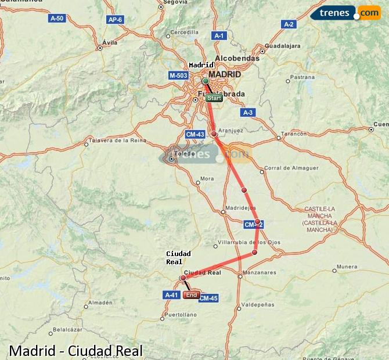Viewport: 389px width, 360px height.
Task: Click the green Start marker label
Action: (x=214, y=98)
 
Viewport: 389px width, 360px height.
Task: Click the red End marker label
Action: (x=192, y=295)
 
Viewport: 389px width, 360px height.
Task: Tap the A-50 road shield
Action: (x=57, y=19)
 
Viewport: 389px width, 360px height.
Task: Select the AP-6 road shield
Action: (x=115, y=20)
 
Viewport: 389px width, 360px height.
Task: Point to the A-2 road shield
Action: (x=289, y=24)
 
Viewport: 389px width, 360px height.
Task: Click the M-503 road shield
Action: (x=178, y=75)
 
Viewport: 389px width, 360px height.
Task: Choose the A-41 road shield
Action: (x=171, y=295)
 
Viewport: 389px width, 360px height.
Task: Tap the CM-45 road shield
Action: (x=208, y=298)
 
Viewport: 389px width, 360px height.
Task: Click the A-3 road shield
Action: (x=248, y=113)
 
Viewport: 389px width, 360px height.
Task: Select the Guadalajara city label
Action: (x=282, y=45)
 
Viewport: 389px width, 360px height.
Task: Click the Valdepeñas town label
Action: (x=257, y=304)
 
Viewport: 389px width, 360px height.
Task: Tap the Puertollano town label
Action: (x=181, y=315)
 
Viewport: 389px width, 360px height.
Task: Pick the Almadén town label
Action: (x=100, y=303)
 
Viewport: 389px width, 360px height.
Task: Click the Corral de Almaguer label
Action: (x=291, y=168)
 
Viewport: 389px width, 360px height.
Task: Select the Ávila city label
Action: (x=109, y=42)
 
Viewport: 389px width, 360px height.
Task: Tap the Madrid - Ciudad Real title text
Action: (x=75, y=351)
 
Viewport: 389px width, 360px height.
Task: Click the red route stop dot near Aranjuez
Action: (x=214, y=134)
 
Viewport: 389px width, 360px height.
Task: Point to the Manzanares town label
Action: (x=260, y=272)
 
